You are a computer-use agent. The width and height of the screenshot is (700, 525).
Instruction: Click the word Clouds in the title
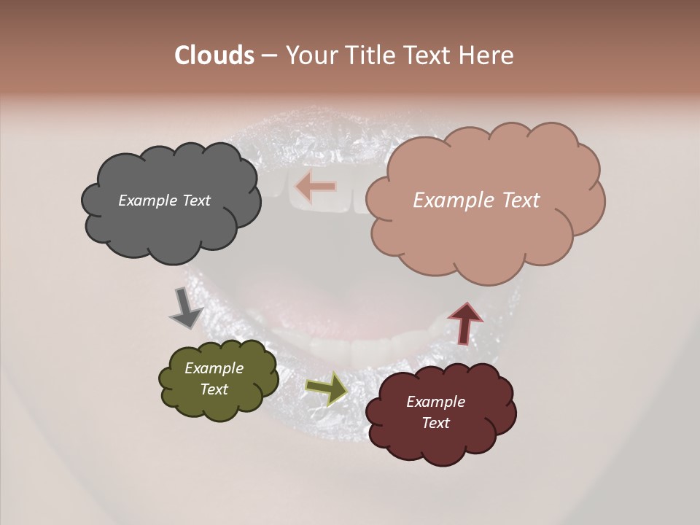214,55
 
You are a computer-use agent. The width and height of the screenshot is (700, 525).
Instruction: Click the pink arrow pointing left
316,187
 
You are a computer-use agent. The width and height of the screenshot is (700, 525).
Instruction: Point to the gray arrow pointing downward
185,308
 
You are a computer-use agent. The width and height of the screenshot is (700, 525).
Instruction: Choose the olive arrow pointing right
327,389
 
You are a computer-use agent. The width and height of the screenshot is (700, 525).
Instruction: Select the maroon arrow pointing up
465,322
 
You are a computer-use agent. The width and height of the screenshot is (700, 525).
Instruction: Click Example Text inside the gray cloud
164,201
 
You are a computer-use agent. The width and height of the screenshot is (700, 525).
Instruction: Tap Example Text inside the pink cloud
476,201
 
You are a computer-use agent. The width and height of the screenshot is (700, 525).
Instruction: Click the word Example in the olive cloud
214,369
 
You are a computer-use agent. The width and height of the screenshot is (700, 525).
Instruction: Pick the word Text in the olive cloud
214,389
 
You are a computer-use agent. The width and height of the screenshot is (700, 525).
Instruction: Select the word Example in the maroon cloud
435,402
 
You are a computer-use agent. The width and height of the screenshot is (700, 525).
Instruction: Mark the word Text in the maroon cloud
435,423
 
